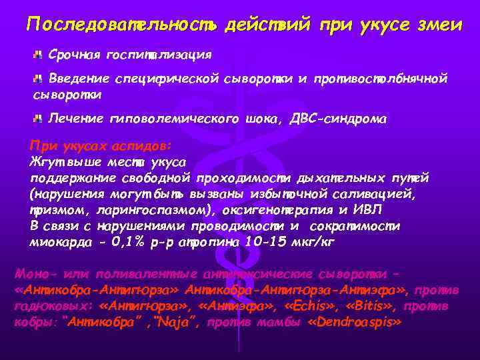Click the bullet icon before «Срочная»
click(x=39, y=53)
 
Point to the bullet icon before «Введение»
click(x=39, y=79)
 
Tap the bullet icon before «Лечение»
click(x=39, y=119)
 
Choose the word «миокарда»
click(x=56, y=242)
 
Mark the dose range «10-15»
click(x=261, y=242)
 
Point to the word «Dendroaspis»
click(x=361, y=322)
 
